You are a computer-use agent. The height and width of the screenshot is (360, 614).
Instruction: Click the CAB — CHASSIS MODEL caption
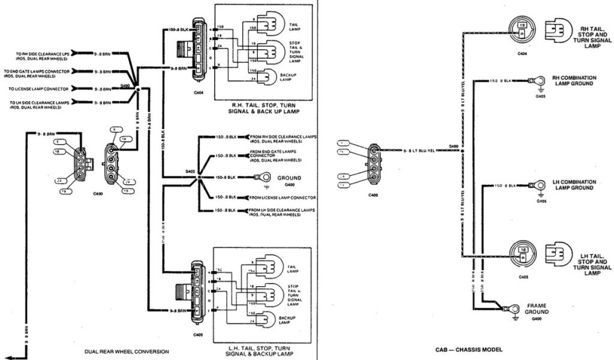point(468,349)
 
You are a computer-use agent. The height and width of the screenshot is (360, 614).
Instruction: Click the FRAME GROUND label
point(537,308)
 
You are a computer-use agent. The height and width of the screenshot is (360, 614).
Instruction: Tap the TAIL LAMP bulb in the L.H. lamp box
point(264,266)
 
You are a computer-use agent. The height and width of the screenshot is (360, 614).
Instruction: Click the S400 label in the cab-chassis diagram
point(453,146)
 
